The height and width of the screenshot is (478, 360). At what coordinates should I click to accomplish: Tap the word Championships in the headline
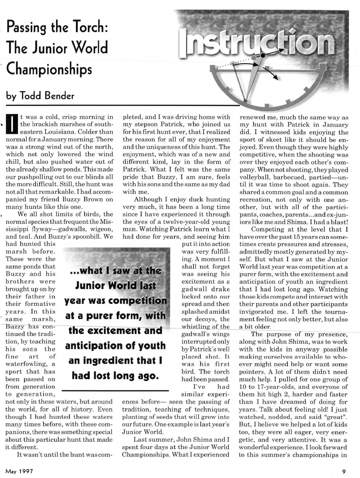(x=49, y=69)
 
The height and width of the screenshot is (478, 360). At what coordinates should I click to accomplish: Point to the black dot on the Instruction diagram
(x=263, y=55)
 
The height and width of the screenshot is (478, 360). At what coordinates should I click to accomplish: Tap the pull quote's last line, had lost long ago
(x=115, y=375)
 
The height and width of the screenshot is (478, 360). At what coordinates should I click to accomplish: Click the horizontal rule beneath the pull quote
(x=115, y=390)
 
